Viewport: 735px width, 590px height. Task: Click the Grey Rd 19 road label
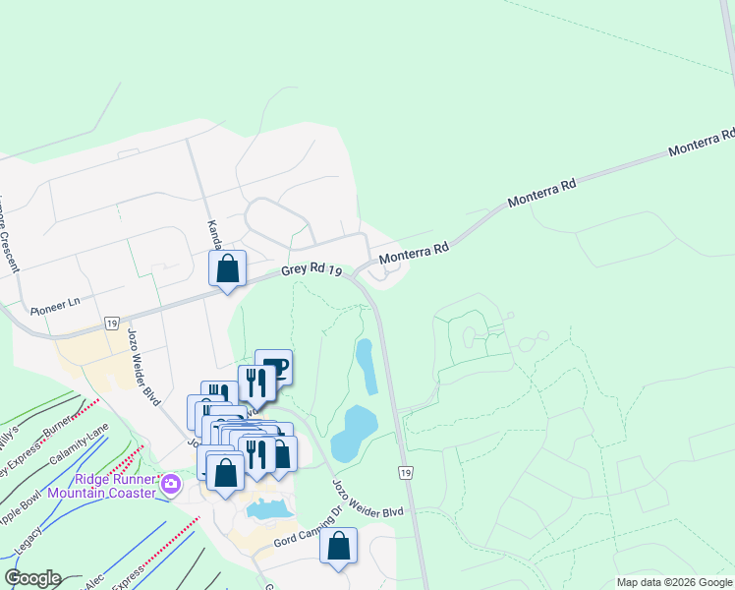coord(311,269)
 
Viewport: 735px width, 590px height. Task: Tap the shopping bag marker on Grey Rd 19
coord(228,268)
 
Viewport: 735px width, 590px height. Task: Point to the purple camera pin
coord(171,484)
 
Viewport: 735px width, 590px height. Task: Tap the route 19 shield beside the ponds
coord(406,474)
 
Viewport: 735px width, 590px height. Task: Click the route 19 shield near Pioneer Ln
coord(111,323)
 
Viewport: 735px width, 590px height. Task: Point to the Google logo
coord(31,578)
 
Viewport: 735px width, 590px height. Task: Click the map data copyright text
coord(674,582)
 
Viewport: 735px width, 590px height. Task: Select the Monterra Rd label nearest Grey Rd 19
coord(414,253)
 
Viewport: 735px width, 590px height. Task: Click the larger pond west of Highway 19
coord(354,433)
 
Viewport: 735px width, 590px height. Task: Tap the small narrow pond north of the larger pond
coord(367,366)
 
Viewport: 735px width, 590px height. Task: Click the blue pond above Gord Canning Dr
coord(266,509)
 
